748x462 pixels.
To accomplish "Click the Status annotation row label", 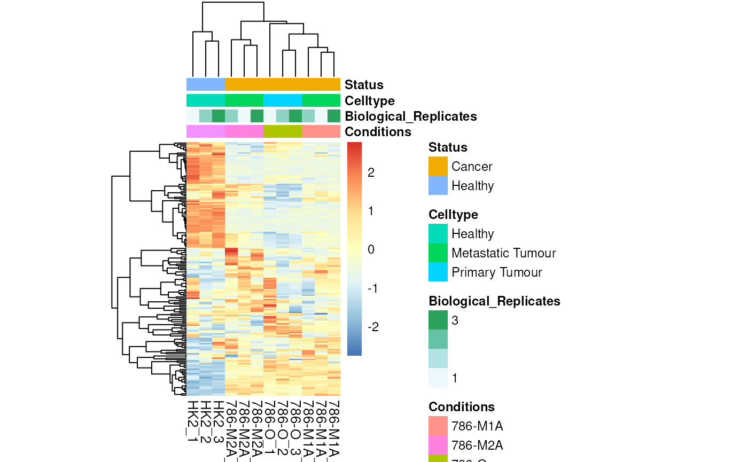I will coord(364,84).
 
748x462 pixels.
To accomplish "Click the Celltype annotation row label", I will coord(370,100).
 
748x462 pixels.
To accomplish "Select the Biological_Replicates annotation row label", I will coord(410,116).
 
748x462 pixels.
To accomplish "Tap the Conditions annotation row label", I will coord(378,131).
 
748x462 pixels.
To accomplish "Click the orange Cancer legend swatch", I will coord(438,166).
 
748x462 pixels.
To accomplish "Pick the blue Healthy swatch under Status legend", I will coord(438,185).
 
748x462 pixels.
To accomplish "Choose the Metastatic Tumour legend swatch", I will coord(438,253).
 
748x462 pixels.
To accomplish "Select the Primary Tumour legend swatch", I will coord(438,272).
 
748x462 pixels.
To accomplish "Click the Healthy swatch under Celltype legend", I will coord(438,233).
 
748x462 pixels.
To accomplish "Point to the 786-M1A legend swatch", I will coord(438,426).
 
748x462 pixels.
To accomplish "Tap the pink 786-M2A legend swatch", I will coord(438,445).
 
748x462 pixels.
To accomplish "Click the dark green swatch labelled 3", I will coord(438,320).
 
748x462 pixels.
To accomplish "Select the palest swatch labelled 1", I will coord(438,378).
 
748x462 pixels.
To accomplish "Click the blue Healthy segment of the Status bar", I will coord(206,84).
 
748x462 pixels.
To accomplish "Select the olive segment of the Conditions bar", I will coord(283,131).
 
